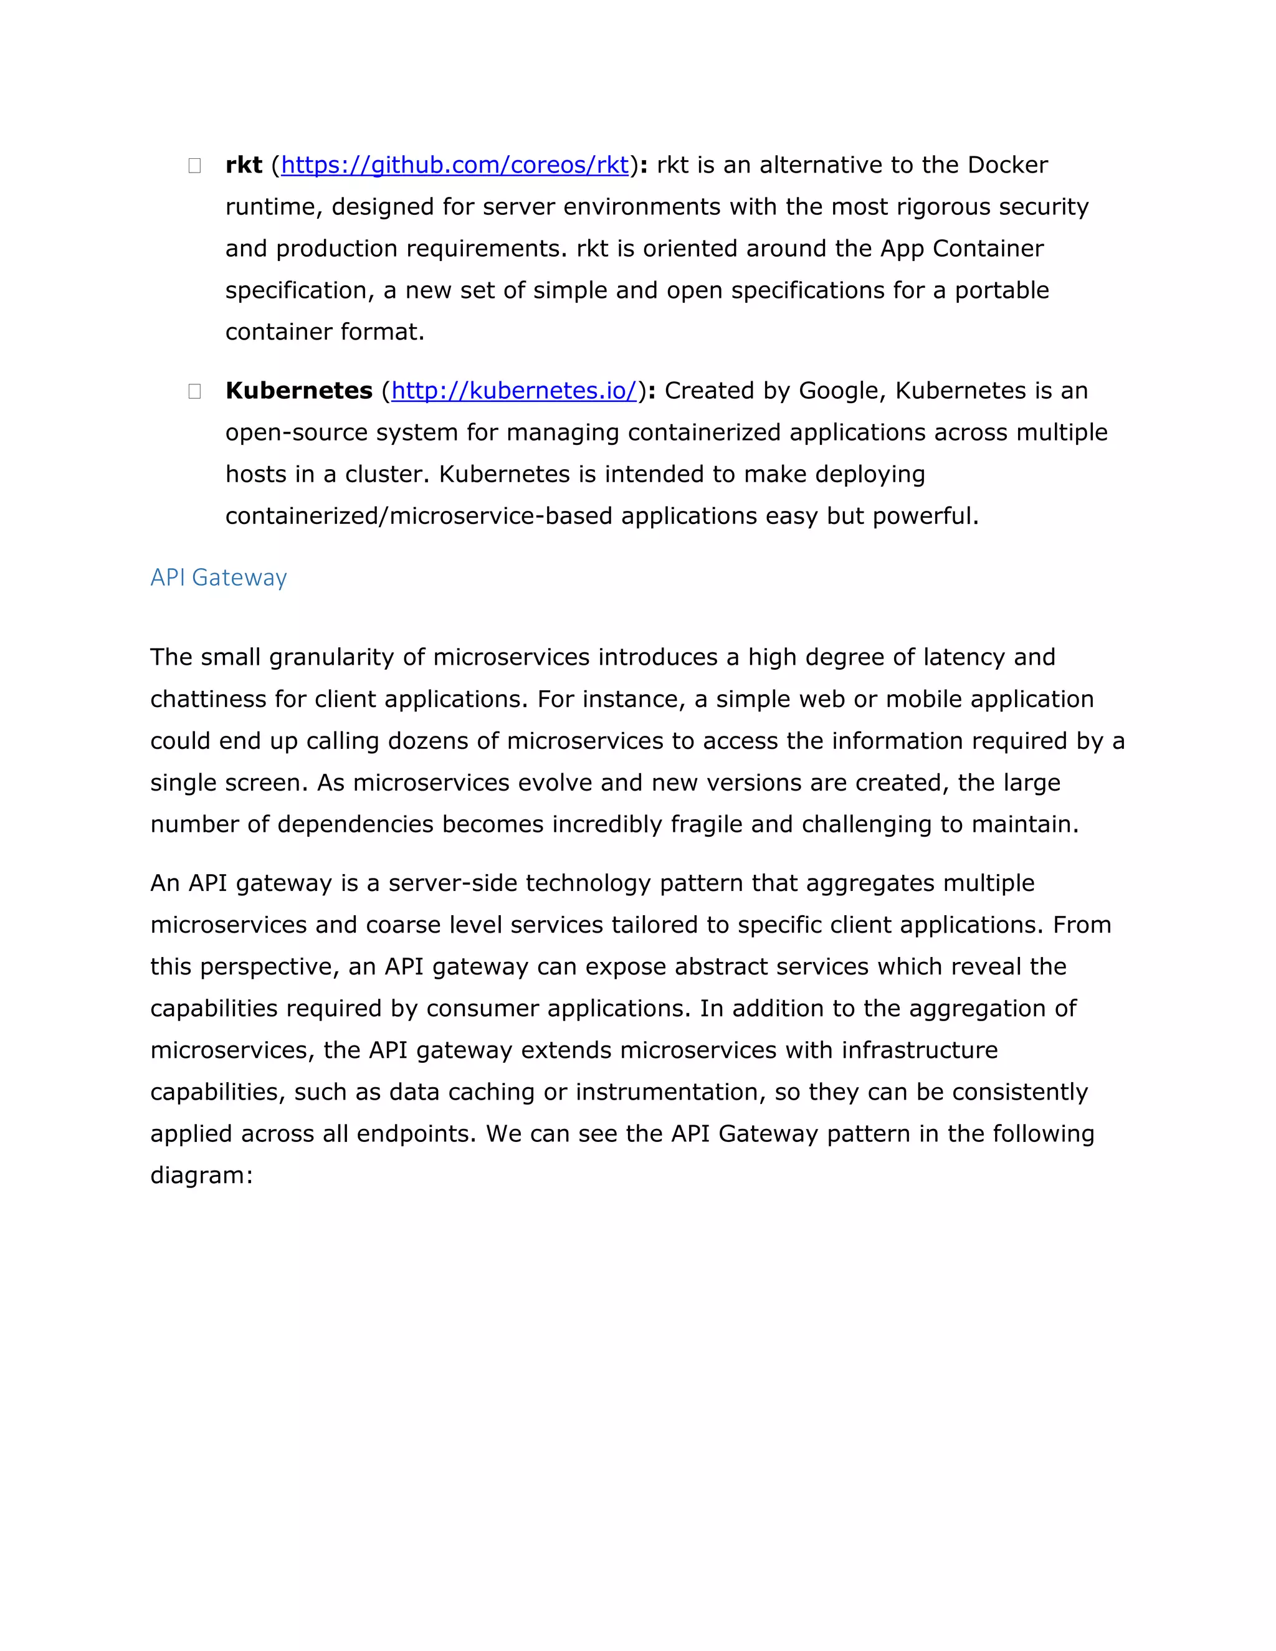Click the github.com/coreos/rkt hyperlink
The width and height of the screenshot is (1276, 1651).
pos(454,165)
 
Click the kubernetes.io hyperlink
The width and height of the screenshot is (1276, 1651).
pos(514,390)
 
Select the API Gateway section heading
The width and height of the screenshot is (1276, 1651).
pos(219,578)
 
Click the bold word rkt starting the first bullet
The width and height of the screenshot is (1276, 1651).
pos(244,165)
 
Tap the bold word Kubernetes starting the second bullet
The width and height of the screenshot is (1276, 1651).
pos(298,390)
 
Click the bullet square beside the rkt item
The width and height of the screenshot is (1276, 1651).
pos(194,166)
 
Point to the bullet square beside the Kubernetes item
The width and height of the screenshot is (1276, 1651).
pos(194,391)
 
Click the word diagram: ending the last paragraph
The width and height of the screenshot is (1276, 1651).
pos(201,1175)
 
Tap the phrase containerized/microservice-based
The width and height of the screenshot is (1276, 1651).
pos(419,516)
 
